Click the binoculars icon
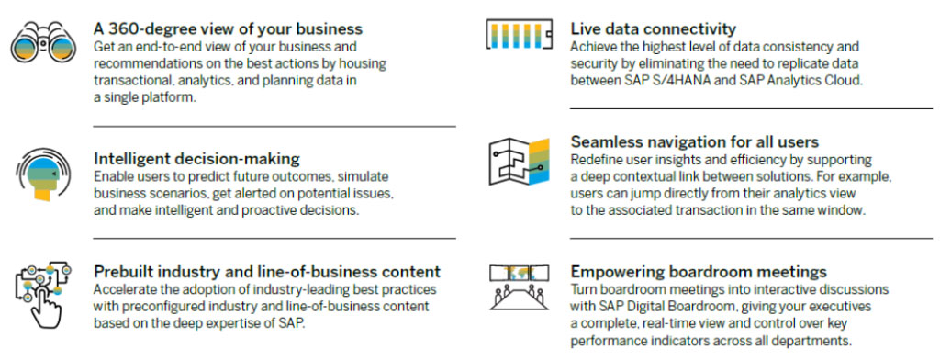pos(42,42)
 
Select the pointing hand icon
pos(42,295)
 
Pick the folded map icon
pos(520,162)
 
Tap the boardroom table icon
pos(520,287)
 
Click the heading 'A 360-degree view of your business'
pos(229,28)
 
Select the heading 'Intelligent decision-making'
pos(196,158)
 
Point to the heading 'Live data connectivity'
pos(654,28)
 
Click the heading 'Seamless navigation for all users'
pos(695,141)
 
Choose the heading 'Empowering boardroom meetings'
pos(699,271)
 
